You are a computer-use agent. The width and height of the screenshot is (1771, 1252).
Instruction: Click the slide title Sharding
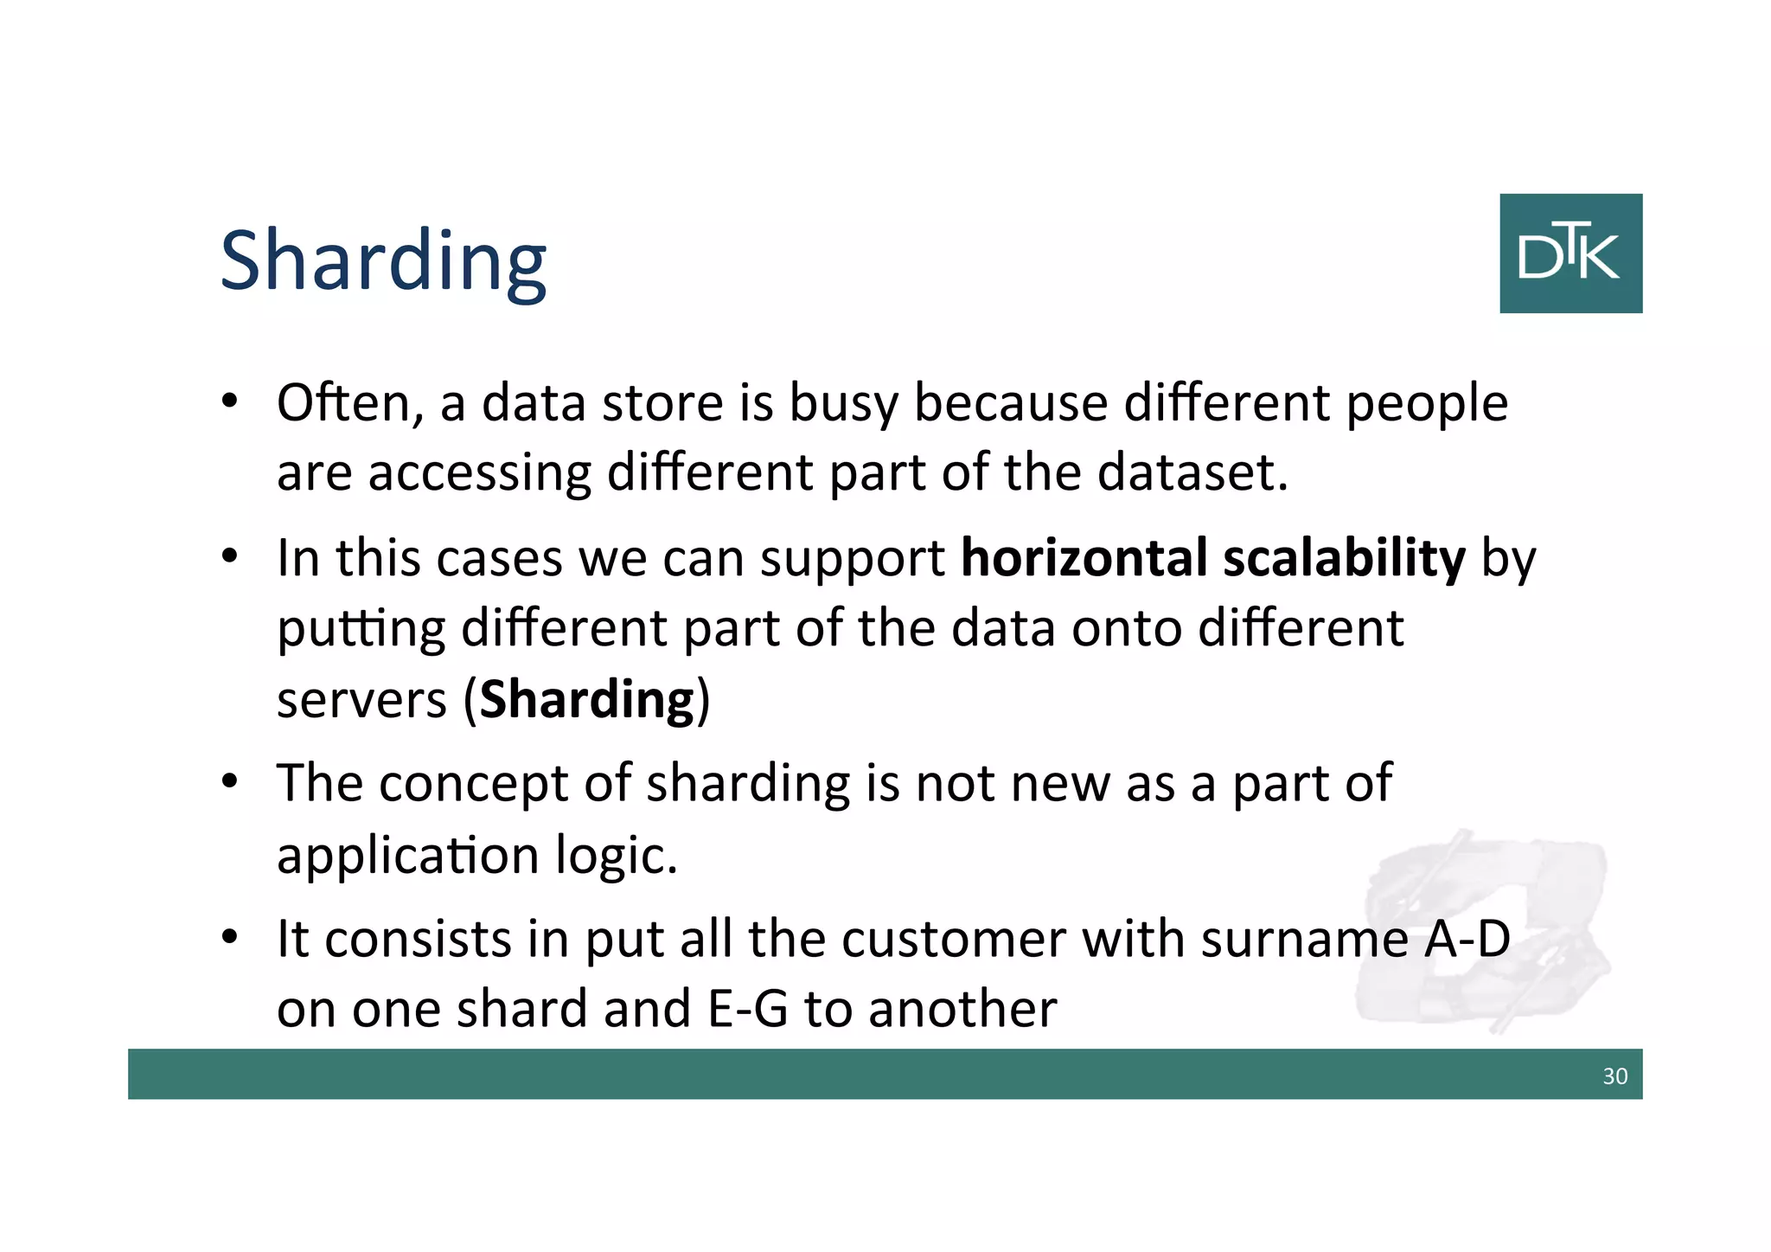coord(383,261)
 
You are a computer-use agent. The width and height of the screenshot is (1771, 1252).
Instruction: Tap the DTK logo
coord(1570,254)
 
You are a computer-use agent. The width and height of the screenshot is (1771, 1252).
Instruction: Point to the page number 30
coord(1614,1076)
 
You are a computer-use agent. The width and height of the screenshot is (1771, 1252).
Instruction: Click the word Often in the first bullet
coord(349,403)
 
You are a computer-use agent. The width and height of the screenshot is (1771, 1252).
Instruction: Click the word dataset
coord(1192,473)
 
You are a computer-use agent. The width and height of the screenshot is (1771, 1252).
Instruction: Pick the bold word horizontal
coord(1084,558)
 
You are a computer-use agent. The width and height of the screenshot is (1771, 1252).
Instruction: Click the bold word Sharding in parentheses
coord(587,700)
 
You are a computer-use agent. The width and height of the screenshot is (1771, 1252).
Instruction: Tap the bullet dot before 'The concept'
coord(229,782)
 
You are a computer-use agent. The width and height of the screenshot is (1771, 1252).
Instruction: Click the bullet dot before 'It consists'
coord(229,937)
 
